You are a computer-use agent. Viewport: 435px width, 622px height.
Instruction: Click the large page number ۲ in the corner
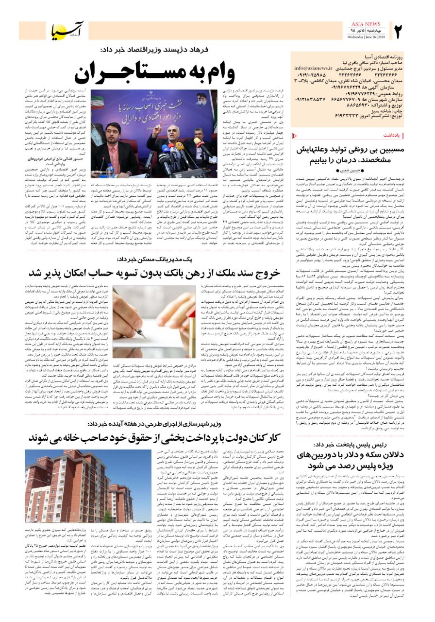(400, 31)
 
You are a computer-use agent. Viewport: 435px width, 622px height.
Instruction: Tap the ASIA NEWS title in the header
(366, 24)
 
